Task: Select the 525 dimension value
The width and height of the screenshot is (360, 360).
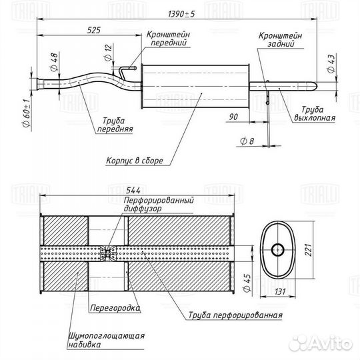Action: (93, 30)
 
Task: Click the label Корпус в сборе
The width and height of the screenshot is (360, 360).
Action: (134, 160)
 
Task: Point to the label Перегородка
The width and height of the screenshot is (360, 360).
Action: (115, 308)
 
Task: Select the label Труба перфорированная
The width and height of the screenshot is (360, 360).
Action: (235, 315)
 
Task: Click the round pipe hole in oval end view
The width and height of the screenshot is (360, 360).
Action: (278, 250)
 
